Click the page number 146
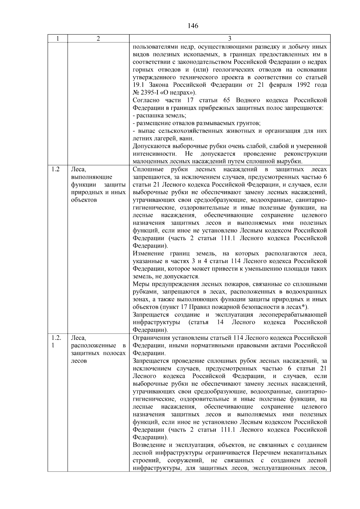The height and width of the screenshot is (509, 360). click(x=193, y=26)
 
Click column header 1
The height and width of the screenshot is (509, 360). click(x=57, y=39)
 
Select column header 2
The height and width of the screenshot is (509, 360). click(x=98, y=39)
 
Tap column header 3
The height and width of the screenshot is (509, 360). click(x=229, y=39)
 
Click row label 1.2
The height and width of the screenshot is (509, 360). click(x=55, y=169)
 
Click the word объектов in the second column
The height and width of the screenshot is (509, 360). click(x=84, y=200)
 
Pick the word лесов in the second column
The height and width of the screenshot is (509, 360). click(x=79, y=361)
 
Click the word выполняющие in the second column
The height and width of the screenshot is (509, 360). click(x=91, y=177)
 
